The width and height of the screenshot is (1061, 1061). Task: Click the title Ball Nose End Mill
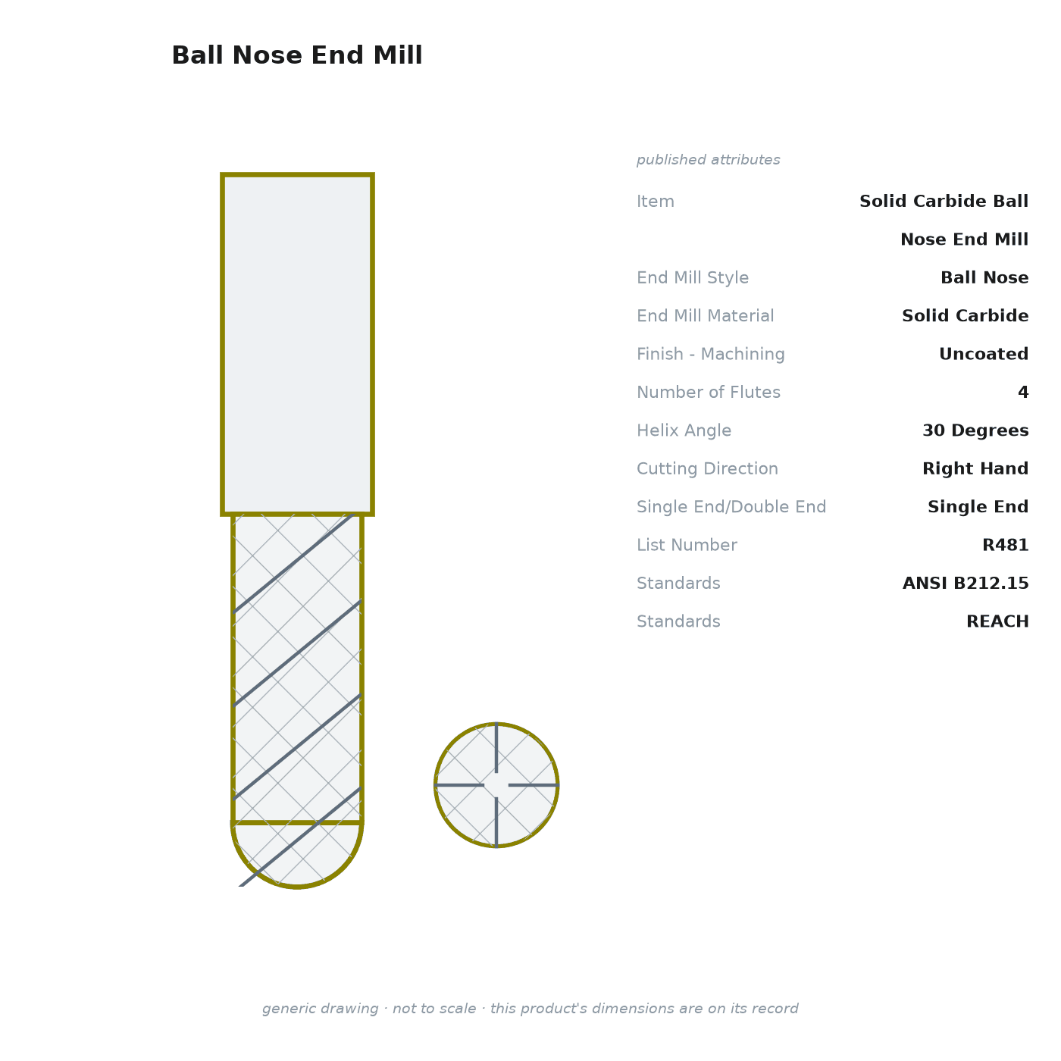[297, 55]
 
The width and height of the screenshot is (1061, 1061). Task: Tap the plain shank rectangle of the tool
[297, 345]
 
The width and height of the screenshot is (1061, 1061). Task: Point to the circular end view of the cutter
[496, 785]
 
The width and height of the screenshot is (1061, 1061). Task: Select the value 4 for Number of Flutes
[1023, 393]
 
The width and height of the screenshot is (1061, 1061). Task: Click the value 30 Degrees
[975, 430]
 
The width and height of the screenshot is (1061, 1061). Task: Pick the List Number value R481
[1006, 545]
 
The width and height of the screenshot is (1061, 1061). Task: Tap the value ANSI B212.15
[966, 583]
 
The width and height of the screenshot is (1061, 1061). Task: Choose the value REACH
[997, 621]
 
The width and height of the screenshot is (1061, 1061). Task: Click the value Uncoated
[984, 354]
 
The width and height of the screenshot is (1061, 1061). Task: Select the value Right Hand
[975, 468]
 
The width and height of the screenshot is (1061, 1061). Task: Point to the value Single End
[978, 507]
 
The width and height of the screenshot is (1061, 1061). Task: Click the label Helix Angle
[684, 430]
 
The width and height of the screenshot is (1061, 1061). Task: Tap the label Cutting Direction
[708, 468]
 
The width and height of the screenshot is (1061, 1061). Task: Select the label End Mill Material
[706, 316]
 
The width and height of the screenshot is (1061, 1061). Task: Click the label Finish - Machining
[711, 354]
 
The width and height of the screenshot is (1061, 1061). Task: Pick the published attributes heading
[708, 160]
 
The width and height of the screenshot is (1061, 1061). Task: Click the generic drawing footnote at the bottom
[530, 1009]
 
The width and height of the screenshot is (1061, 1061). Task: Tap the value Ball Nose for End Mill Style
[984, 277]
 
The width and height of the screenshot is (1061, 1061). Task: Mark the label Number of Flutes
[709, 393]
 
